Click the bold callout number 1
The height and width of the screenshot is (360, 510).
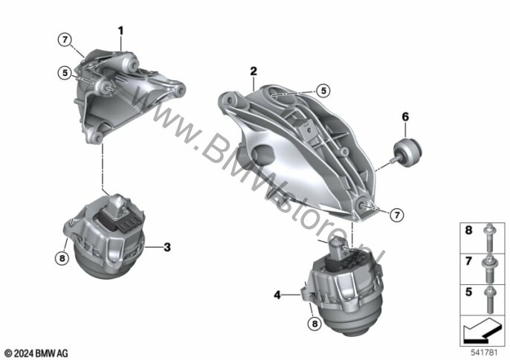point(120,31)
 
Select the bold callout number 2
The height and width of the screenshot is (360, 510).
point(254,71)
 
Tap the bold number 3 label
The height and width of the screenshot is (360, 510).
point(167,248)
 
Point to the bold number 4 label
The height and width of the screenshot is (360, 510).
point(277,295)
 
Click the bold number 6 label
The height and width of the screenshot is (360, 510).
point(405,117)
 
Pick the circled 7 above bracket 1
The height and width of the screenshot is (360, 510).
point(65,40)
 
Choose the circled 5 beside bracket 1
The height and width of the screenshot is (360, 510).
point(65,73)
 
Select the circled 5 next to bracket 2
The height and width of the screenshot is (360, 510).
point(323,91)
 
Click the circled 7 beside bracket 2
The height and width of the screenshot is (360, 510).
point(396,215)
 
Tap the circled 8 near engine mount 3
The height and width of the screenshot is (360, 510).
point(62,259)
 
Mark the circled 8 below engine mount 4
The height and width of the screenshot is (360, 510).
point(314,324)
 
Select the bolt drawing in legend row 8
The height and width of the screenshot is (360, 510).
point(489,237)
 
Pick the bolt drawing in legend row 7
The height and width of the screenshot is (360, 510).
point(489,269)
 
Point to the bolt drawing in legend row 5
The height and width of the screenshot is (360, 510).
point(489,300)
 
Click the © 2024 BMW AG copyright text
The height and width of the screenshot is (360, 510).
point(36,353)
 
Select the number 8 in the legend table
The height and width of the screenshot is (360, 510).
point(468,231)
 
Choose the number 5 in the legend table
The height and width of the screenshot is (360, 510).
point(468,292)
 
